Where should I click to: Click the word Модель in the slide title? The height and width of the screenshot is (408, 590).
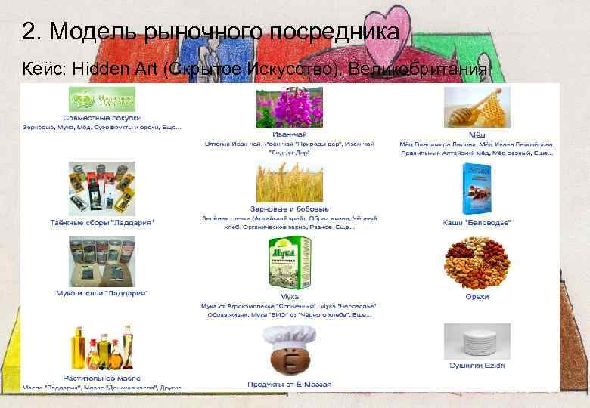point(90,32)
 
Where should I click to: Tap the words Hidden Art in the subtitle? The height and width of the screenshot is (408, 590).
point(114,69)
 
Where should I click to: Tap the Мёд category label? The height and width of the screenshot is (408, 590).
point(476,134)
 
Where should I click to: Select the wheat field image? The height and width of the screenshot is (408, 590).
point(289,181)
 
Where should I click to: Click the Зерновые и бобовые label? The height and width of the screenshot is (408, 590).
point(289,209)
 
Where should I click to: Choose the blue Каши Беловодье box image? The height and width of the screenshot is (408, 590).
point(477,189)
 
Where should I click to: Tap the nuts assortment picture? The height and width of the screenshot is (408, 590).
point(477,264)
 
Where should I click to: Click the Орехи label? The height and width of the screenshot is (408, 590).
point(477,297)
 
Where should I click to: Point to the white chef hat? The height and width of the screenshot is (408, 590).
point(290,333)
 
